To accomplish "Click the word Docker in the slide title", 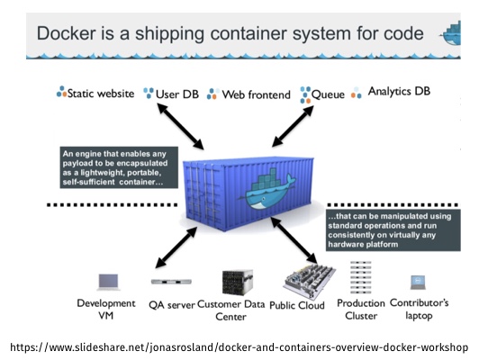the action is click(x=66, y=33).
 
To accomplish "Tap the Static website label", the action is click(x=101, y=94).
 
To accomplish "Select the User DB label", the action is click(x=177, y=94).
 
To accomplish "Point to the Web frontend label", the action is click(x=256, y=94).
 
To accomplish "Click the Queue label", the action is click(x=328, y=94).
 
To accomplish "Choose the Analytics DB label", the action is click(x=399, y=91).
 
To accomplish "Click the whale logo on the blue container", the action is click(x=267, y=192).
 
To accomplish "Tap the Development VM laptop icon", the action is click(x=108, y=282).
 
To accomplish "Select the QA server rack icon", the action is click(x=171, y=282).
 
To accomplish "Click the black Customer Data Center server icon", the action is click(x=238, y=282).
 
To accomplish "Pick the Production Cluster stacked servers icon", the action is click(x=360, y=277).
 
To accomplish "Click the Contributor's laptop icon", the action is click(x=418, y=283).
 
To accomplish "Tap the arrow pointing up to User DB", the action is click(x=180, y=126).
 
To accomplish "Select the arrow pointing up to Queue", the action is click(x=293, y=126).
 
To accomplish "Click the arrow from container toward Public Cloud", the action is click(x=294, y=240).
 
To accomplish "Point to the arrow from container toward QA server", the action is click(x=176, y=247).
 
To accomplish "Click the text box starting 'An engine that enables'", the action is click(x=119, y=167).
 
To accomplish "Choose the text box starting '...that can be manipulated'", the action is click(x=393, y=229).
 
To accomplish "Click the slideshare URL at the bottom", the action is click(x=239, y=347).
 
